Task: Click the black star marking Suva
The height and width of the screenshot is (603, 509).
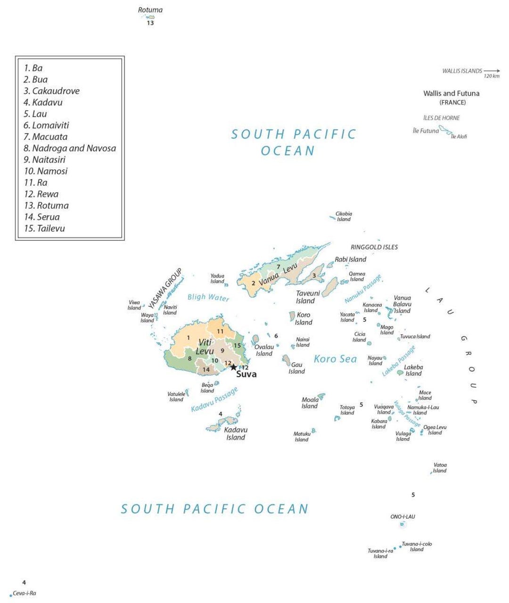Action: pos(233,367)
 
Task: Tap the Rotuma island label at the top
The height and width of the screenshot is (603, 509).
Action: pos(150,10)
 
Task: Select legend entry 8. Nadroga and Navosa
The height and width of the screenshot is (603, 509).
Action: pos(70,148)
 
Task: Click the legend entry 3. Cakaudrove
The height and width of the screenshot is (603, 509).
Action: pos(51,91)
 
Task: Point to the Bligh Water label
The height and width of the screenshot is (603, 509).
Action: pos(208,297)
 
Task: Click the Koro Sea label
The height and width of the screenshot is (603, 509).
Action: pos(335,359)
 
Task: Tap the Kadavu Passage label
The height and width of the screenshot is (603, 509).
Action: pos(214,399)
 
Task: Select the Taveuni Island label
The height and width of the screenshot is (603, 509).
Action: pos(307,297)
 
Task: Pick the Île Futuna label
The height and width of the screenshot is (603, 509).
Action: pos(426,131)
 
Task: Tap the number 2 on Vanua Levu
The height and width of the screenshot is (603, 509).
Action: pos(253,283)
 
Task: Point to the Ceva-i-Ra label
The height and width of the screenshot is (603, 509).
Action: pos(24,593)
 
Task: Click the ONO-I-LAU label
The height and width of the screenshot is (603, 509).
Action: pos(402,517)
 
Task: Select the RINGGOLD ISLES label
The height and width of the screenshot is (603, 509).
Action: pos(374,247)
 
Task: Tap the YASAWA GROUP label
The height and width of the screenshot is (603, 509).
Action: pos(165,289)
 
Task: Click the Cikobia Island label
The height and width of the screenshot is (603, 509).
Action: pos(344,216)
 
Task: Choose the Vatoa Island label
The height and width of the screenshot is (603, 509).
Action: pos(440,468)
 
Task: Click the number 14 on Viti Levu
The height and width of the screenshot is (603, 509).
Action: pos(206,370)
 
